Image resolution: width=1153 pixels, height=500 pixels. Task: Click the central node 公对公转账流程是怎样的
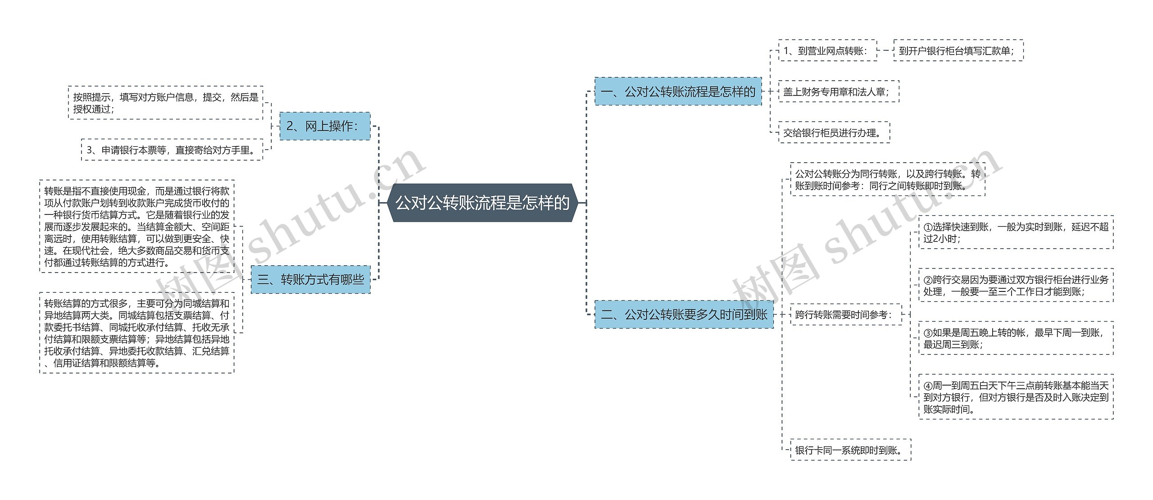click(x=482, y=203)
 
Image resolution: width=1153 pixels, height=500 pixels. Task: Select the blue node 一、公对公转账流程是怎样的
click(x=678, y=91)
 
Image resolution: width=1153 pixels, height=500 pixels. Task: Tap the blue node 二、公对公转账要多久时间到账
click(x=684, y=314)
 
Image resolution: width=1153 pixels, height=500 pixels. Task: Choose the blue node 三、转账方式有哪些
click(x=310, y=280)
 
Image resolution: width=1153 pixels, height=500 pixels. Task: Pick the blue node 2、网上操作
click(x=325, y=126)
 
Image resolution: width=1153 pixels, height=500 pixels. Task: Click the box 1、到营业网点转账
click(x=828, y=50)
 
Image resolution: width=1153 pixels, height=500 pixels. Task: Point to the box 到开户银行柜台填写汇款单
click(x=958, y=50)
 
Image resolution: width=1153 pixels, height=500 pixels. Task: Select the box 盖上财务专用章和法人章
click(x=839, y=91)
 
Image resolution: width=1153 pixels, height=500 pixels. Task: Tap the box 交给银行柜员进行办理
click(x=834, y=132)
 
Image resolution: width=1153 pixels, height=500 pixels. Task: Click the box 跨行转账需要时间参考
click(x=846, y=314)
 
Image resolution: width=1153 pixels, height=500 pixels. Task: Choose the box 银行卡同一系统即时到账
click(x=850, y=450)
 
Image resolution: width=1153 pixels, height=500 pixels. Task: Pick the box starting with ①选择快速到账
click(x=1016, y=232)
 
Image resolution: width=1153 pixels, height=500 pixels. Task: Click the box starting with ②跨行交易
click(x=1016, y=286)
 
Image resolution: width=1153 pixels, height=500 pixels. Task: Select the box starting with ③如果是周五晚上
click(x=1016, y=338)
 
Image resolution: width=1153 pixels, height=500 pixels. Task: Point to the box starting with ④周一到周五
click(x=1016, y=397)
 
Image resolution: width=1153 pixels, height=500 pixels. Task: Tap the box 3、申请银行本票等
click(x=172, y=150)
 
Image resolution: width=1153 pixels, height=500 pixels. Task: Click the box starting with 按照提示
click(x=165, y=103)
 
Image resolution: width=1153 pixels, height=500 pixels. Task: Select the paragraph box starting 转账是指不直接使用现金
click(x=137, y=226)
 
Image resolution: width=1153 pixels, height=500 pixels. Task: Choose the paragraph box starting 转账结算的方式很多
click(x=137, y=333)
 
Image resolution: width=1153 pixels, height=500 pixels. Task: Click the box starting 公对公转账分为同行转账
click(x=888, y=179)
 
